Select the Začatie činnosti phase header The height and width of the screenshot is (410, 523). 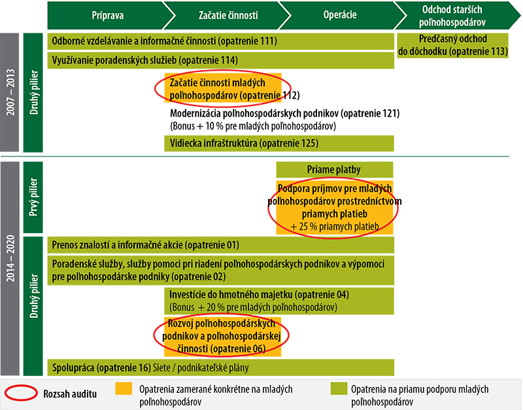pyautogui.click(x=222, y=14)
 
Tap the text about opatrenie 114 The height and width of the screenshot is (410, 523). pyautogui.click(x=144, y=60)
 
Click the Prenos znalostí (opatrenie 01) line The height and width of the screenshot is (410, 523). pyautogui.click(x=145, y=246)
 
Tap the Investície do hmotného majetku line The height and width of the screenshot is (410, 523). pyautogui.click(x=259, y=295)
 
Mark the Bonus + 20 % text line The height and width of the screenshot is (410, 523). pyautogui.click(x=252, y=307)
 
